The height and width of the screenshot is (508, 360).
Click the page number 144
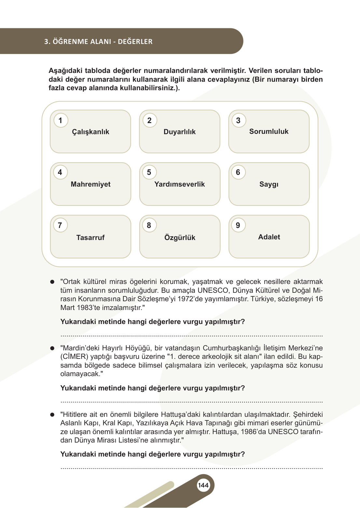(x=203, y=485)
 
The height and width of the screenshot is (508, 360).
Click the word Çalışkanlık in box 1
(x=90, y=132)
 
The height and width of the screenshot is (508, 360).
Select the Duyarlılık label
(x=180, y=132)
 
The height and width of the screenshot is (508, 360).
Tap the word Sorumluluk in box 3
(x=269, y=132)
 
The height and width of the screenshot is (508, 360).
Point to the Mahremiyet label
(x=90, y=184)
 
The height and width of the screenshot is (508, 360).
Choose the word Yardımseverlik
(x=180, y=184)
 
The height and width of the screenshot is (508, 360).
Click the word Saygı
(x=269, y=184)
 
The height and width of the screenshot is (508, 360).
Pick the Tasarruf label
(x=90, y=238)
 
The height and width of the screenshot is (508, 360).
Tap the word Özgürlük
(x=180, y=238)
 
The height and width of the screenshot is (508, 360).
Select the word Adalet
(x=269, y=237)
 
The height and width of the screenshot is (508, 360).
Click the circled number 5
(x=149, y=172)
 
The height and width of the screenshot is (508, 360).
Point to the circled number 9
(x=238, y=225)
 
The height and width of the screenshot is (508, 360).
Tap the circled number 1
(x=60, y=120)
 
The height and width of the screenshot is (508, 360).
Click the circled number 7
(x=60, y=225)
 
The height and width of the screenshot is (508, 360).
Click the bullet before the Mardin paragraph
(x=52, y=348)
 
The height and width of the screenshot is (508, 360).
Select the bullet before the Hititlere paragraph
(x=52, y=415)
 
